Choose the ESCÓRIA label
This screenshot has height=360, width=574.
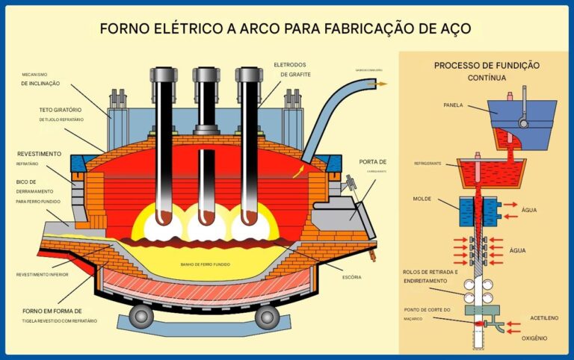click(x=351, y=277)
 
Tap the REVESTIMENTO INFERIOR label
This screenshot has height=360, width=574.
click(x=44, y=275)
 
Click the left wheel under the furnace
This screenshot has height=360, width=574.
click(x=141, y=317)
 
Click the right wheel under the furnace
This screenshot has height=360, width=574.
click(x=265, y=317)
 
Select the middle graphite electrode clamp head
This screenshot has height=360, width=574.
click(x=206, y=75)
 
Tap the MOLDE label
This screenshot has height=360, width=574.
click(x=424, y=199)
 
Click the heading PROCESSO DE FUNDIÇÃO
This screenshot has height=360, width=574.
click(x=487, y=66)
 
